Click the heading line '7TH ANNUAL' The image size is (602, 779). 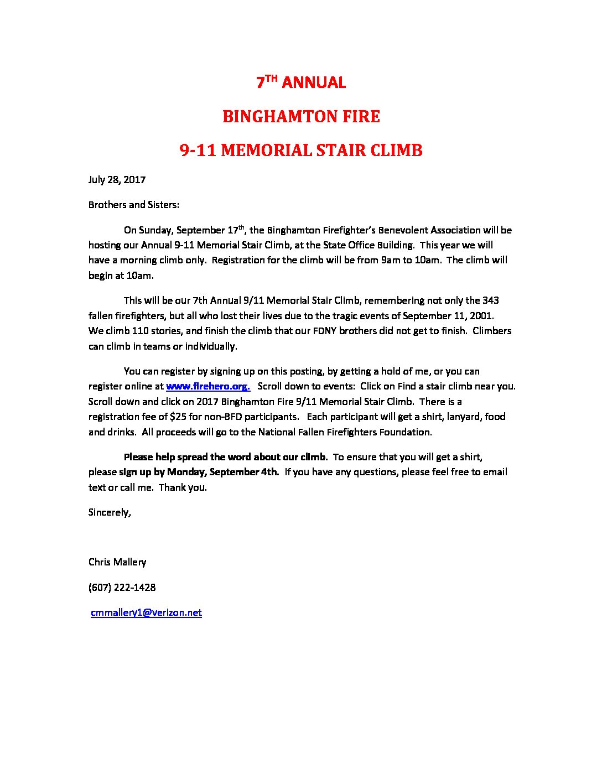click(x=300, y=82)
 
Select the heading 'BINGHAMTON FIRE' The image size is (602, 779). click(x=300, y=116)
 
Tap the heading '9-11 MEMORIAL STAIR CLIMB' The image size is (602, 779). click(x=301, y=150)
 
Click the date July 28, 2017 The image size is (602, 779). click(x=117, y=180)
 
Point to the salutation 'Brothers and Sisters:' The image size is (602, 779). click(x=134, y=205)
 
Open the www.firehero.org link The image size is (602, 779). click(x=208, y=386)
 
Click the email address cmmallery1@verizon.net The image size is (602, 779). click(x=146, y=612)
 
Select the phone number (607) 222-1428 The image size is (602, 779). click(x=122, y=588)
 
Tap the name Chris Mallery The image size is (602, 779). click(x=117, y=562)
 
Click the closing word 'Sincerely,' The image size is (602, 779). click(x=110, y=512)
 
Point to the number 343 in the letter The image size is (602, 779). click(x=490, y=300)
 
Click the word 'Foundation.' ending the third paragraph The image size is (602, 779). click(x=406, y=432)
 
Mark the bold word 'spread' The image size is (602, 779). click(x=193, y=457)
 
